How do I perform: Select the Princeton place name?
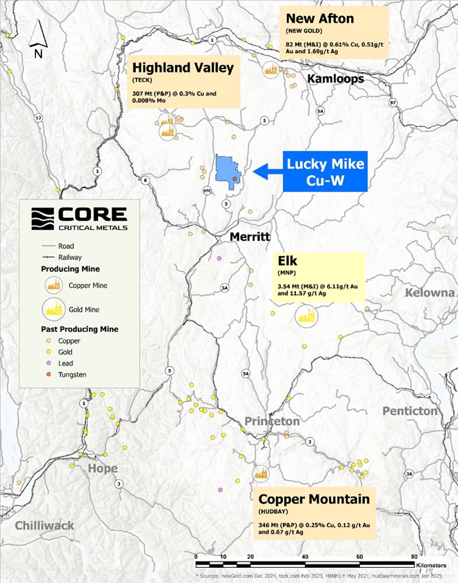272,421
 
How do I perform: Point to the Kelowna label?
430,293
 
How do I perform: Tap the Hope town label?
102,468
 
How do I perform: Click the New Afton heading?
319,19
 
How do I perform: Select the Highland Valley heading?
183,68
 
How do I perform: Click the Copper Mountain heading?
314,499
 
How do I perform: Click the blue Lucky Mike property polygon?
226,169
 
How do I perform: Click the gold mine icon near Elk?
306,315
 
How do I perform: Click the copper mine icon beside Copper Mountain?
261,473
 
